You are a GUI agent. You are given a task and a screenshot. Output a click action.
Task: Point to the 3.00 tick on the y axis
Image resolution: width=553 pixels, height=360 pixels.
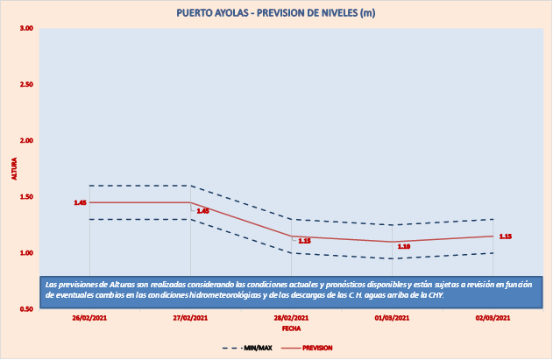(x=26, y=29)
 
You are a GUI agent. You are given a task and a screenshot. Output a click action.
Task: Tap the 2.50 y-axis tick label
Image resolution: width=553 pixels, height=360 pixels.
(x=26, y=85)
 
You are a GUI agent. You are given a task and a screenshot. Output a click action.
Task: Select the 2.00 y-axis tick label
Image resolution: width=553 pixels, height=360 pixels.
(x=26, y=141)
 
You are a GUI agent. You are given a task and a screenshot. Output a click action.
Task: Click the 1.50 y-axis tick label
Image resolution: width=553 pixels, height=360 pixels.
(x=26, y=197)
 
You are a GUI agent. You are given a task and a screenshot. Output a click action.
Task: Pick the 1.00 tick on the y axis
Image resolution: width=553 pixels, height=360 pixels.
(x=26, y=253)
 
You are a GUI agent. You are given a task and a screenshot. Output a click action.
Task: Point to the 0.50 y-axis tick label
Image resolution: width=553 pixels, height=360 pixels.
(x=26, y=309)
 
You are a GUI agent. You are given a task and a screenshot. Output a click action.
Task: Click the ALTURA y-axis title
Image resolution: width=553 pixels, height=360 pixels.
(x=13, y=168)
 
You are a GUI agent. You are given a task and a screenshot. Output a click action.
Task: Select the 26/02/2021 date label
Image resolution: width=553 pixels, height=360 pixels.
(x=89, y=319)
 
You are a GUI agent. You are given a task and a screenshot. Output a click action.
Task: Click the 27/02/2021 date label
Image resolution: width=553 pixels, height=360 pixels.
(x=190, y=319)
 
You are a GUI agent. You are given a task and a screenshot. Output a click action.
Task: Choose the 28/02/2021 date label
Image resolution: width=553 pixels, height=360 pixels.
(x=291, y=319)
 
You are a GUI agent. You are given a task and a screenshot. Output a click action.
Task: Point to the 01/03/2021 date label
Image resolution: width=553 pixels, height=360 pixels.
(x=392, y=319)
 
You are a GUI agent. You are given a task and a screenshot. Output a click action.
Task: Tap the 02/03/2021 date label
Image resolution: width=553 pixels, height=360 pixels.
(x=493, y=319)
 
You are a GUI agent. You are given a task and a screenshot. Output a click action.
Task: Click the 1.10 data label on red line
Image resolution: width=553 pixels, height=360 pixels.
(x=404, y=247)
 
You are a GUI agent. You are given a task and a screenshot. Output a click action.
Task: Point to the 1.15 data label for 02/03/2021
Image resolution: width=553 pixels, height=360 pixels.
(x=506, y=236)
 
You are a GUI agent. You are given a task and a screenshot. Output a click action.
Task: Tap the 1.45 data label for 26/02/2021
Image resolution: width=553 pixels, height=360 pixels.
(x=80, y=202)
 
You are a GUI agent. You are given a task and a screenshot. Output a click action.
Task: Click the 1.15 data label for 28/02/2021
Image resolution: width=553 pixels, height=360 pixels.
(x=305, y=241)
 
